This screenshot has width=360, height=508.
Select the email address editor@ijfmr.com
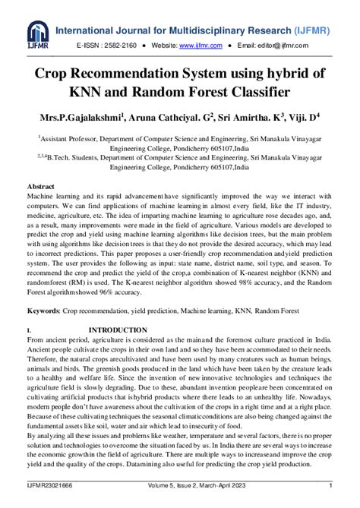pyautogui.click(x=298, y=46)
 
